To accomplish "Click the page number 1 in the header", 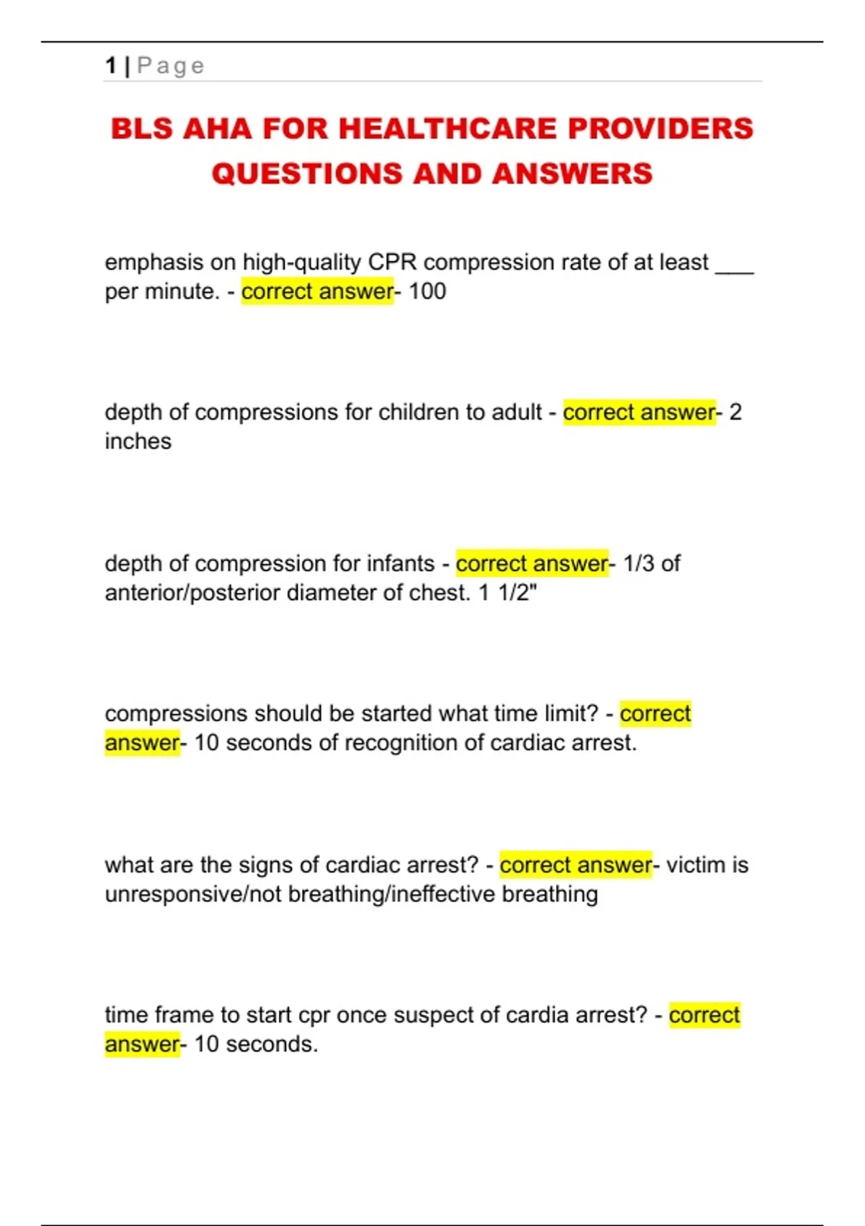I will coord(110,66).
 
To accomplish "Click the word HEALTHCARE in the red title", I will coord(448,129).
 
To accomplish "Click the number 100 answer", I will coord(427,291).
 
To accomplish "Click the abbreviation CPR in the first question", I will coord(392,262).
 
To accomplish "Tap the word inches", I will coord(138,441).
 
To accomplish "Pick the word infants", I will coord(401,563).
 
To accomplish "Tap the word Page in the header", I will coord(171,66).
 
